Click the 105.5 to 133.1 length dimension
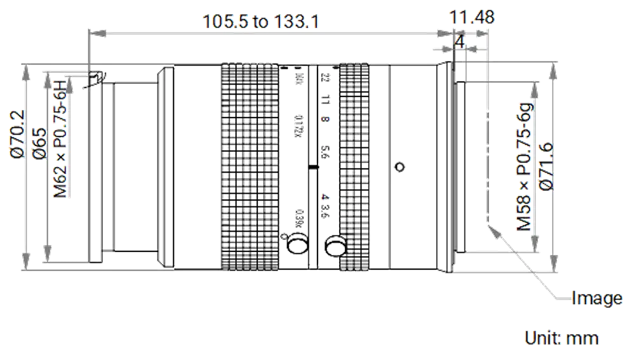point(260,22)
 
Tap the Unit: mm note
point(561,338)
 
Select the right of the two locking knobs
point(335,244)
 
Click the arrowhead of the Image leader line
point(490,230)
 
